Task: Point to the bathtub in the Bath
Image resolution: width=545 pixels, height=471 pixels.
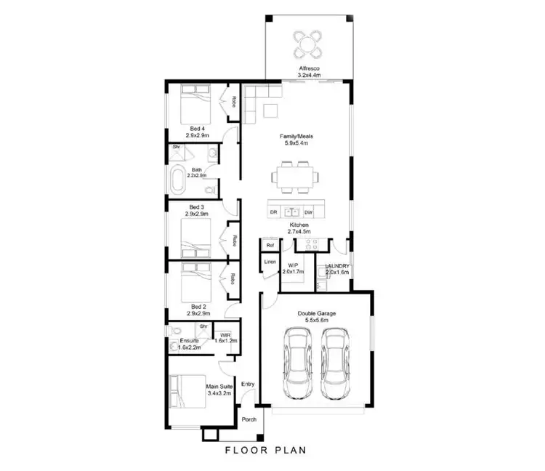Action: pos(177,180)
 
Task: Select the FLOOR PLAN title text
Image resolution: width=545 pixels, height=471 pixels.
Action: pos(265,450)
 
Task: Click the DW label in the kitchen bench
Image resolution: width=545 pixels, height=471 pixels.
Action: pos(308,212)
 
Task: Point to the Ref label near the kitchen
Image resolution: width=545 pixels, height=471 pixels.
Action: pos(270,246)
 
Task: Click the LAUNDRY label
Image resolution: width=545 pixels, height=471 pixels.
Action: pos(338,266)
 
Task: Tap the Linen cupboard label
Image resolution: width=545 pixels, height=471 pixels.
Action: pos(270,261)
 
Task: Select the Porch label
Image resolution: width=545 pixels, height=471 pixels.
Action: pos(249,420)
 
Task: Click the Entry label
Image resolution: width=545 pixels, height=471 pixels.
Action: pos(248,384)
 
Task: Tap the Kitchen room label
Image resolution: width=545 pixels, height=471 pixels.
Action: pos(299,226)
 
